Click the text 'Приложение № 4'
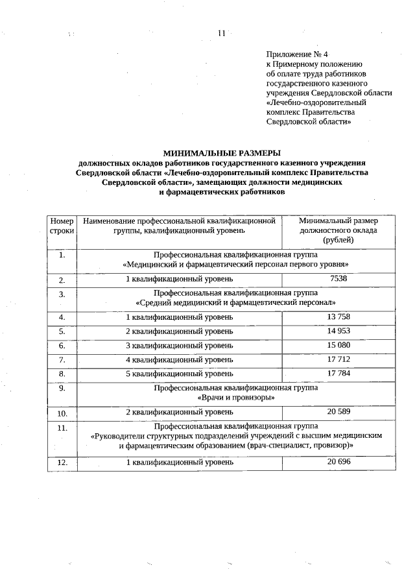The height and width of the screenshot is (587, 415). coord(292,54)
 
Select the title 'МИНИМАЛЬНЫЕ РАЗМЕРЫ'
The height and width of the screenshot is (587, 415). coord(222,152)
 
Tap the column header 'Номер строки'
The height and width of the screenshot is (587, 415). coord(62,226)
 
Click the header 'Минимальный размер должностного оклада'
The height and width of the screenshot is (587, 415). coord(338,230)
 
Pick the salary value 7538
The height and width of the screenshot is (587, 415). coord(338,278)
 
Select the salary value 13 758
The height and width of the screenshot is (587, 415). coord(338,317)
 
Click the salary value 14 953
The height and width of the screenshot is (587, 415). coord(338,331)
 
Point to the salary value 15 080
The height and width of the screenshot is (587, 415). coord(338,344)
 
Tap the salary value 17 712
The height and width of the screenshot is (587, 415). coord(338,359)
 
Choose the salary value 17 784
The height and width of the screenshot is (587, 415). coord(338,373)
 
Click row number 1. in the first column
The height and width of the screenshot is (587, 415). coord(62,255)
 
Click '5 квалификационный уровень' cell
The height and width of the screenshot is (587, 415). coord(179,374)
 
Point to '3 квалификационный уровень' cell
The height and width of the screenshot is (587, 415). coord(179,345)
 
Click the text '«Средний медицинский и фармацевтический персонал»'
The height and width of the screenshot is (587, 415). coord(235,303)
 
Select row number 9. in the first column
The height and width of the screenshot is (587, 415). coord(62,389)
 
